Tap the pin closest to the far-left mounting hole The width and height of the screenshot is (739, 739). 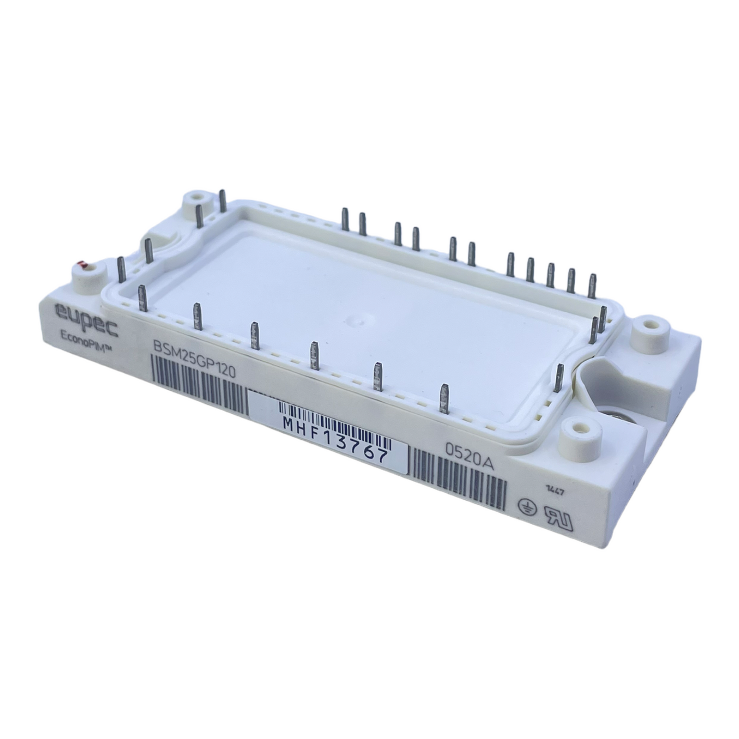click(223, 201)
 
